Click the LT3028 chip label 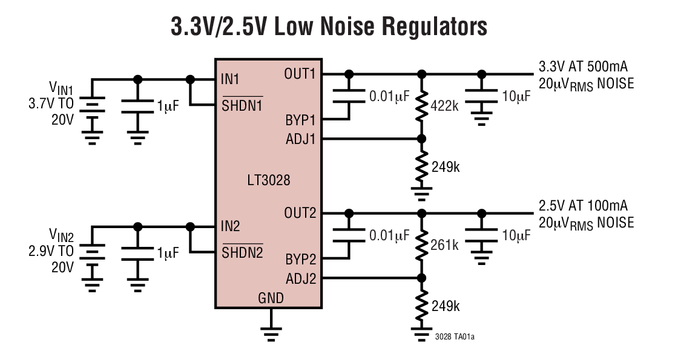coord(269,180)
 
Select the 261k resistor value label coord(445,245)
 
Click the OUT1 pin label coord(300,74)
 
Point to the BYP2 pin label coord(301,260)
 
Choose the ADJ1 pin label coord(301,139)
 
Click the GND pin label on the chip coord(271,298)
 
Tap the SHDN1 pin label coord(242,105)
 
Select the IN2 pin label coord(230,227)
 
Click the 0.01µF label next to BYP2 coord(389,236)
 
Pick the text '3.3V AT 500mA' coord(582,67)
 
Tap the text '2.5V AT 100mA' coord(582,206)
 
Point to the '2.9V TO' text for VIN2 coord(51,250)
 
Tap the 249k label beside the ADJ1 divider coord(445,166)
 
